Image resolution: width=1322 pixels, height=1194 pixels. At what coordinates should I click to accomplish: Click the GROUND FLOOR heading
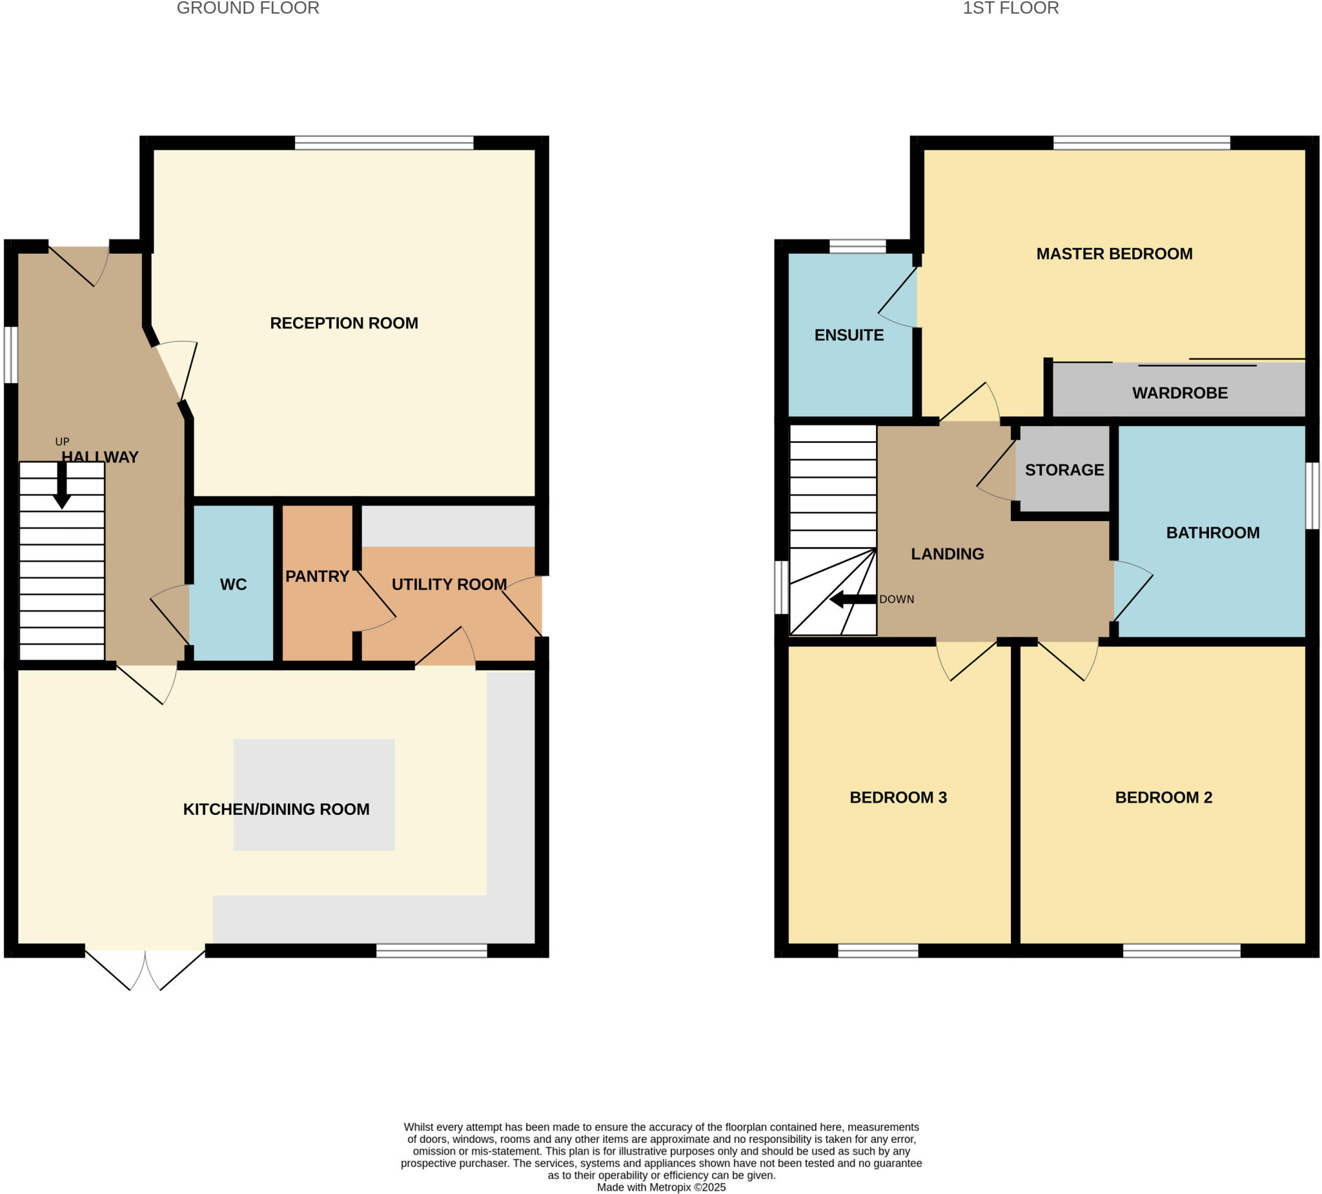248,8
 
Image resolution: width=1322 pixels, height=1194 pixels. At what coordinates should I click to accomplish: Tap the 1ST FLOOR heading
1010,8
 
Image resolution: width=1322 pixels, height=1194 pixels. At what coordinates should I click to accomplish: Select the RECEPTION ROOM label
343,323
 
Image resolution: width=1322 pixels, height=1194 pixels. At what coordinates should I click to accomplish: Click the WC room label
234,584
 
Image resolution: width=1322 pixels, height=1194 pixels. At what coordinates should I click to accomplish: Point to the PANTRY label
317,576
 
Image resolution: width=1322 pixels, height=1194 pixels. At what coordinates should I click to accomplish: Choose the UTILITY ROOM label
449,584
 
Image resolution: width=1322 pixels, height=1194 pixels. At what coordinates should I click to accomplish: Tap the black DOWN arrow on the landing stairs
853,599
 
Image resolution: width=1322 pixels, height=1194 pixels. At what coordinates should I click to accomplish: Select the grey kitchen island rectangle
314,794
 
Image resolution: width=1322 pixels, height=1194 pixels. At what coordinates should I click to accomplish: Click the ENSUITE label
849,335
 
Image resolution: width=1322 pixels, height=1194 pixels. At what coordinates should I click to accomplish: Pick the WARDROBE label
1180,393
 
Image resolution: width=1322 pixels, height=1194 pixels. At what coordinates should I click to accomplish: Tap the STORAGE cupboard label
1064,469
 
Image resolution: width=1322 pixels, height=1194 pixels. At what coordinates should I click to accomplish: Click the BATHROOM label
1212,533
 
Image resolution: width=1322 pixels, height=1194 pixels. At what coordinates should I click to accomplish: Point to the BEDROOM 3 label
898,797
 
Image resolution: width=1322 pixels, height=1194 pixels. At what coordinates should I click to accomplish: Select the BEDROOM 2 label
1163,797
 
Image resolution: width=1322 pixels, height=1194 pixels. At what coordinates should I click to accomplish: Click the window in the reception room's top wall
383,143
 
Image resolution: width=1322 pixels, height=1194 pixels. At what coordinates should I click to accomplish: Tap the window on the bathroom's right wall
1312,495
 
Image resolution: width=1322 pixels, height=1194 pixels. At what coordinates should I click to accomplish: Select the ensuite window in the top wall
857,247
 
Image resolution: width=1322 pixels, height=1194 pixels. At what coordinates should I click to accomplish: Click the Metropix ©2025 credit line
661,1188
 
